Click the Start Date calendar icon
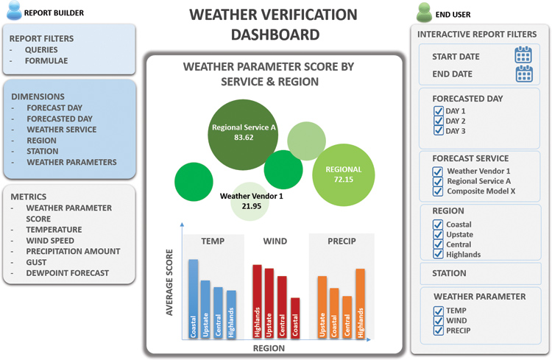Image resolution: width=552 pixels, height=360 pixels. click(523, 54)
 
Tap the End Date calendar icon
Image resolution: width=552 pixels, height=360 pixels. click(524, 74)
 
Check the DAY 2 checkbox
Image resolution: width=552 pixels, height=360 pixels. click(439, 121)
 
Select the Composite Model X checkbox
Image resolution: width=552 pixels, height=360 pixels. click(438, 191)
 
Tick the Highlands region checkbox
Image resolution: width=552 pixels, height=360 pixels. click(438, 254)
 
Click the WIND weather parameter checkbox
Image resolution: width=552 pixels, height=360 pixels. click(439, 320)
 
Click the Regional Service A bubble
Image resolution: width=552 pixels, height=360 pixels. click(243, 135)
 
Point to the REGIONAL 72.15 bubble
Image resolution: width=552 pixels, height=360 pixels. click(344, 174)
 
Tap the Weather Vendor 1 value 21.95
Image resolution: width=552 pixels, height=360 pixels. click(252, 206)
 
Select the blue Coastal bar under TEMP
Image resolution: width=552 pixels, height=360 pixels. click(194, 299)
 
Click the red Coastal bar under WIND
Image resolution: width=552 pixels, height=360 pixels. click(295, 318)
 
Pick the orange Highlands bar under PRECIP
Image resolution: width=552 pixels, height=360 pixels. click(360, 303)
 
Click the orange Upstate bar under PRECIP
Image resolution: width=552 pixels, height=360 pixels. click(322, 307)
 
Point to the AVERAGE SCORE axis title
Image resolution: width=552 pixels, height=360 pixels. click(169, 283)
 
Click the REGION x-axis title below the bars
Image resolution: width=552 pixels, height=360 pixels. click(269, 348)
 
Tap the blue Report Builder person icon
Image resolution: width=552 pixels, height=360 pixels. click(15, 10)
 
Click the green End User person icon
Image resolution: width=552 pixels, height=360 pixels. click(424, 13)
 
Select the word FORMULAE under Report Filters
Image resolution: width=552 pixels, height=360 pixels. click(46, 61)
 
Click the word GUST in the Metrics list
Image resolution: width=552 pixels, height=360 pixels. click(36, 262)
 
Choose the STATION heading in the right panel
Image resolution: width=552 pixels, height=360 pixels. click(449, 273)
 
